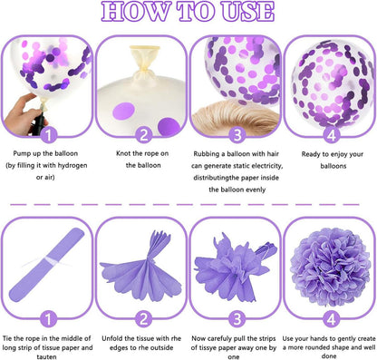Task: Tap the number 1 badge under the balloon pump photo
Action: (x=48, y=135)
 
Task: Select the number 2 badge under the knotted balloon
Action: (x=143, y=135)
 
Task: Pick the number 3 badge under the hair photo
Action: (x=237, y=135)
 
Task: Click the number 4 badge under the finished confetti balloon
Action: (x=332, y=135)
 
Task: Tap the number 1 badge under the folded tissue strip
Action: (x=48, y=319)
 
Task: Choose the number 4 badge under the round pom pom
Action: (x=332, y=319)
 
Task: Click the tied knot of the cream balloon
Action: (x=145, y=72)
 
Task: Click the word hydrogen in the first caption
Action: (x=72, y=165)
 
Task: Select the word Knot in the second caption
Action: (x=123, y=153)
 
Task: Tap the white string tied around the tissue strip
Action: (x=48, y=262)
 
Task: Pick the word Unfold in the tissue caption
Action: (x=111, y=338)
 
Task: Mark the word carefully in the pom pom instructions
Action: (x=219, y=338)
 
